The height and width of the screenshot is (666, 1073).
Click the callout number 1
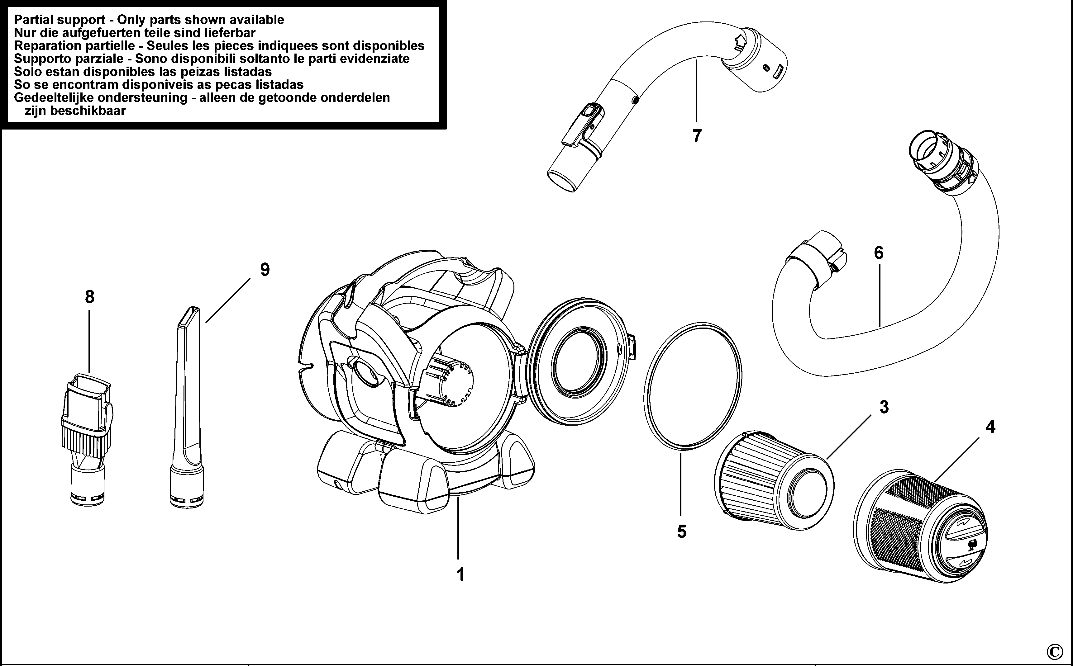coord(461,574)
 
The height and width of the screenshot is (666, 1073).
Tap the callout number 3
coord(884,407)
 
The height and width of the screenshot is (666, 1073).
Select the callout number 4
coord(990,426)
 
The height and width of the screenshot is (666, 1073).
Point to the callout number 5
coord(681,532)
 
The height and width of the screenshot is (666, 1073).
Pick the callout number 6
coord(879,253)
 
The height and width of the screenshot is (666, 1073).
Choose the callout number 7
coord(697,136)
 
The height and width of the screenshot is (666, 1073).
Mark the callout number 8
coord(89,297)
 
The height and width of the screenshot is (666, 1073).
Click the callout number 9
coord(265,270)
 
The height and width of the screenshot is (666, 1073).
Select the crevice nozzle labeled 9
coord(187,410)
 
